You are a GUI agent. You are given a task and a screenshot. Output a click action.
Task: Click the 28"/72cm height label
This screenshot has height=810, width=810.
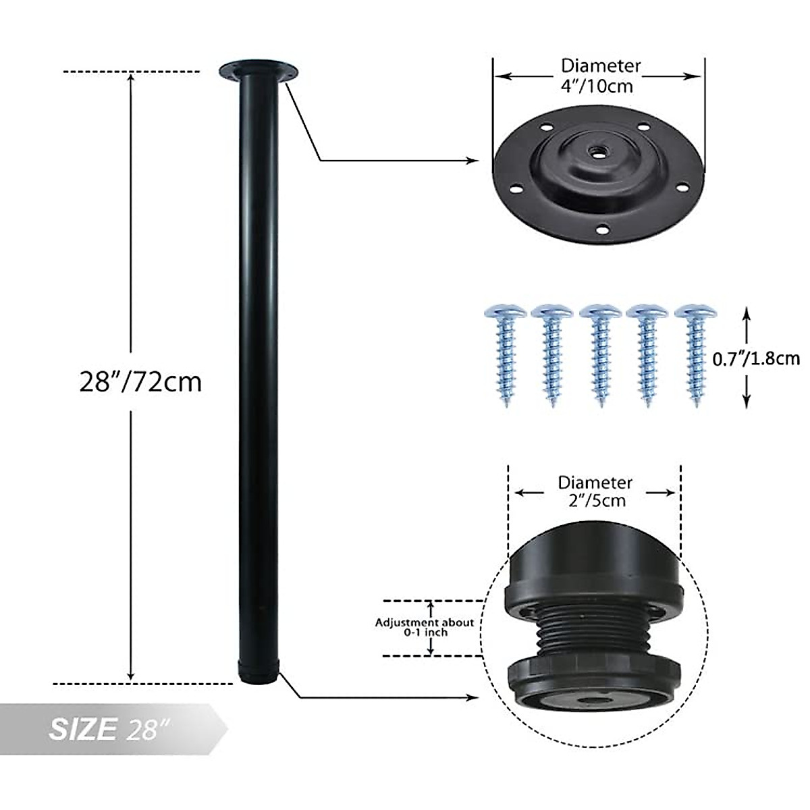click(x=140, y=382)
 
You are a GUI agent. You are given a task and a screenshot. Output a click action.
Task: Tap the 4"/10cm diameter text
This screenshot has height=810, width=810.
click(x=600, y=86)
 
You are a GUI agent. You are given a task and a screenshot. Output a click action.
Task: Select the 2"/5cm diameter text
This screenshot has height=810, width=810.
click(x=594, y=500)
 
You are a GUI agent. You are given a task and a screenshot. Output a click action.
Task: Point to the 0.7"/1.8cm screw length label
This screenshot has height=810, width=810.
click(x=756, y=358)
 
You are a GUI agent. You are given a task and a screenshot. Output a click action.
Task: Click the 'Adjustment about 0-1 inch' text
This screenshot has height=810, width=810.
click(x=425, y=627)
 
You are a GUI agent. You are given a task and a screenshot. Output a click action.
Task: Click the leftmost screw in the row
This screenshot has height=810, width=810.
click(x=503, y=354)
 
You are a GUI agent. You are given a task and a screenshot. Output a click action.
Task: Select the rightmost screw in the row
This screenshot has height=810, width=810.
click(x=695, y=354)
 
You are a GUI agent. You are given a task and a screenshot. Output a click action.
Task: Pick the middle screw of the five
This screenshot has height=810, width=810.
click(x=598, y=354)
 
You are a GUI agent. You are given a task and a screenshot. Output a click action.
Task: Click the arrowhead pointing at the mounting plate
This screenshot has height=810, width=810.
click(x=474, y=161)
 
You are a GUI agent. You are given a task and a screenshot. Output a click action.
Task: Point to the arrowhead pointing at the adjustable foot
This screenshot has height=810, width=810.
click(x=474, y=697)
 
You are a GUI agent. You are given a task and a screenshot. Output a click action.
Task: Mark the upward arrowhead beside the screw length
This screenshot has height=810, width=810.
click(x=746, y=313)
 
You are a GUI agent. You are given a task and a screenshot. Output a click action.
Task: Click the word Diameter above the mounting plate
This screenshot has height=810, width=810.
click(x=600, y=66)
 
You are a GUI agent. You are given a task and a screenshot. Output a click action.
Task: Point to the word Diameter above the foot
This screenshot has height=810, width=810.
click(x=594, y=483)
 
